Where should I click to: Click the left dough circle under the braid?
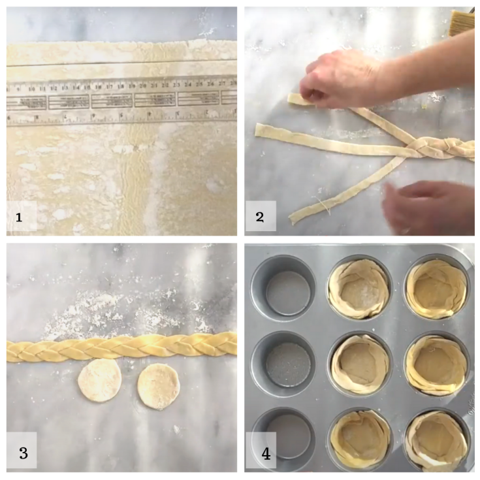tap(99, 380)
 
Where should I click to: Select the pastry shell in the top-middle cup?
tap(359, 288)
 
